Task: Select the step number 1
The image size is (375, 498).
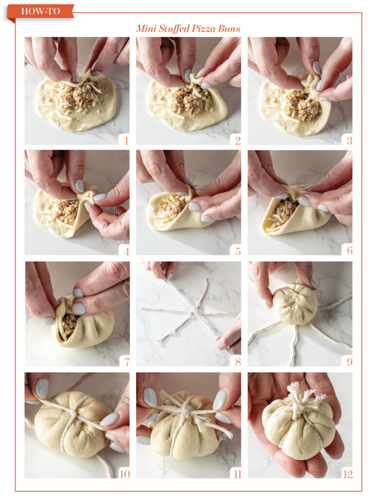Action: pos(125,141)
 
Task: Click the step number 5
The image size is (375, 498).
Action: pos(237,251)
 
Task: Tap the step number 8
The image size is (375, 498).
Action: pos(237,362)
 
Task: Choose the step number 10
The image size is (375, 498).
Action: pos(124,473)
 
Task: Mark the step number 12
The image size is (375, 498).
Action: pos(347,473)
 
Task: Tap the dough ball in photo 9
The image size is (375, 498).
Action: pos(295,304)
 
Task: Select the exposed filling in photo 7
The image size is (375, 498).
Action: pos(69,323)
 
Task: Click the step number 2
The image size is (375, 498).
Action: pos(237,141)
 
